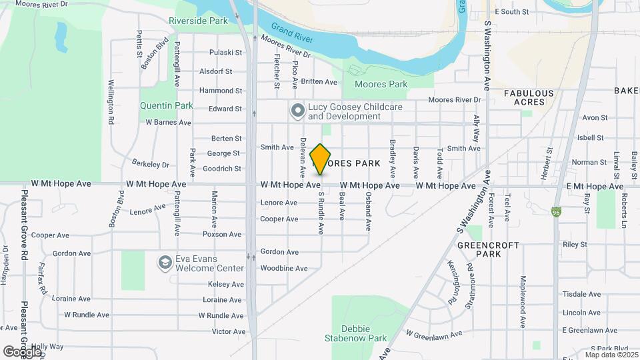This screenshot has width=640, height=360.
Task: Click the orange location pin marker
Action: click(321, 159)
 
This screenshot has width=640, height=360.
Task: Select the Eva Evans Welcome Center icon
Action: click(164, 263)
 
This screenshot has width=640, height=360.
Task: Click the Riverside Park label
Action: click(198, 21)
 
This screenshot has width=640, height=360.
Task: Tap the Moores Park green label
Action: click(381, 85)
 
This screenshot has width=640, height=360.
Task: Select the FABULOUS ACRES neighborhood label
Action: click(529, 97)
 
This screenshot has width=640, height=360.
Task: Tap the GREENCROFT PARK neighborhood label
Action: click(488, 249)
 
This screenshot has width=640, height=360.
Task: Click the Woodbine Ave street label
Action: click(284, 269)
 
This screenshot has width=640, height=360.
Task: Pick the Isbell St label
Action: click(591, 138)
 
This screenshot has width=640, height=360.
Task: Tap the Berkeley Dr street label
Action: click(151, 164)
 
